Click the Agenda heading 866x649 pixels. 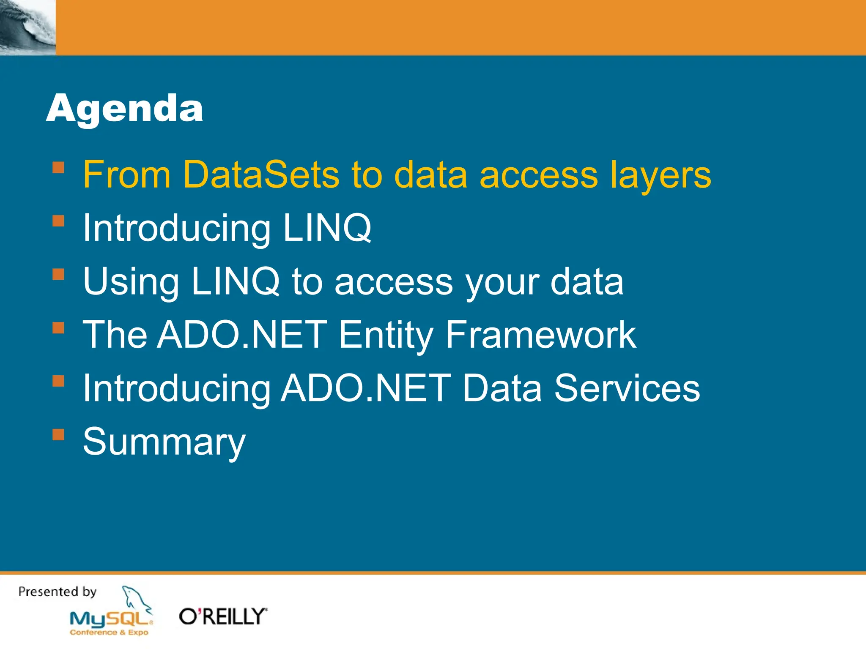(124, 109)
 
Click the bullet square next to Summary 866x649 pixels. (58, 435)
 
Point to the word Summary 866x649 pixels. (164, 442)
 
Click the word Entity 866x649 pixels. (386, 335)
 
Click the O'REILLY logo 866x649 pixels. (223, 616)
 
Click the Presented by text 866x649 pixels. (58, 592)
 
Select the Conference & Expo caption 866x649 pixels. (109, 633)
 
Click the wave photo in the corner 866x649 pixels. (27, 27)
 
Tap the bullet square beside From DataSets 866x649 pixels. (58, 168)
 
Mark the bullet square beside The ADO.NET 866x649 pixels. (58, 328)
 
